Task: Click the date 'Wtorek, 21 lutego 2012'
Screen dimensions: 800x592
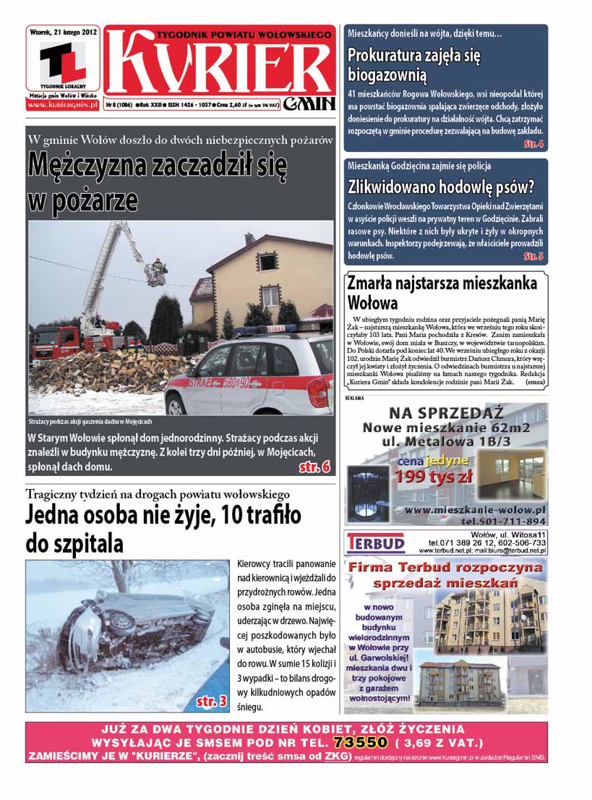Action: point(64,32)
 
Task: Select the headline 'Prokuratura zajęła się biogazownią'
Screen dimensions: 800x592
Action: point(414,65)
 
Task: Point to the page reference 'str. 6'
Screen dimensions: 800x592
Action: point(314,467)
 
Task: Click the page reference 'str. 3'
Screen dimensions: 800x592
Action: point(212,701)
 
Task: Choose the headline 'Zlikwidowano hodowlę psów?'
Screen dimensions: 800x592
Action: point(441,187)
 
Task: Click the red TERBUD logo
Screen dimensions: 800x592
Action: point(376,542)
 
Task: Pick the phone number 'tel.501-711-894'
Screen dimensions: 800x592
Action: point(503,521)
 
